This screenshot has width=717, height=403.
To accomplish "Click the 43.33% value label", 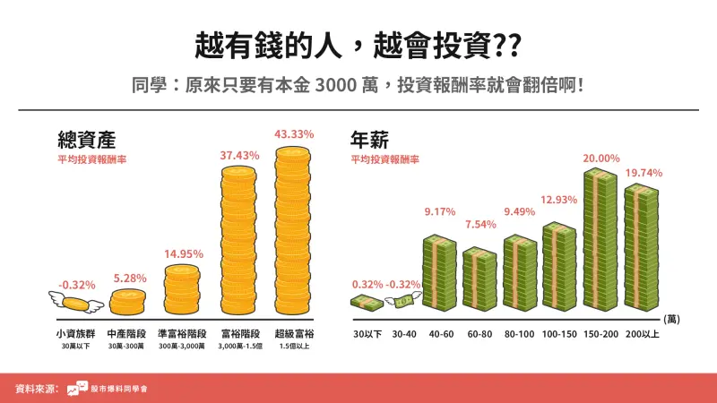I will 295,134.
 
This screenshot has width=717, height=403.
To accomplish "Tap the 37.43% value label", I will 239,155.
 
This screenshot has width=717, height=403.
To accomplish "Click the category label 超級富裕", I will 295,333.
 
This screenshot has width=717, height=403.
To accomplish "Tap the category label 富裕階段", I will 239,333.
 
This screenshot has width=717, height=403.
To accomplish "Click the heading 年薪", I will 369,141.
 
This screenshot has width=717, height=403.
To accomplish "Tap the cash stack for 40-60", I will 439,270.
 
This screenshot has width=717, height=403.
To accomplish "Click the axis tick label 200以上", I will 642,334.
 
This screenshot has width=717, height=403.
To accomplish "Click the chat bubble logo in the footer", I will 77,389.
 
